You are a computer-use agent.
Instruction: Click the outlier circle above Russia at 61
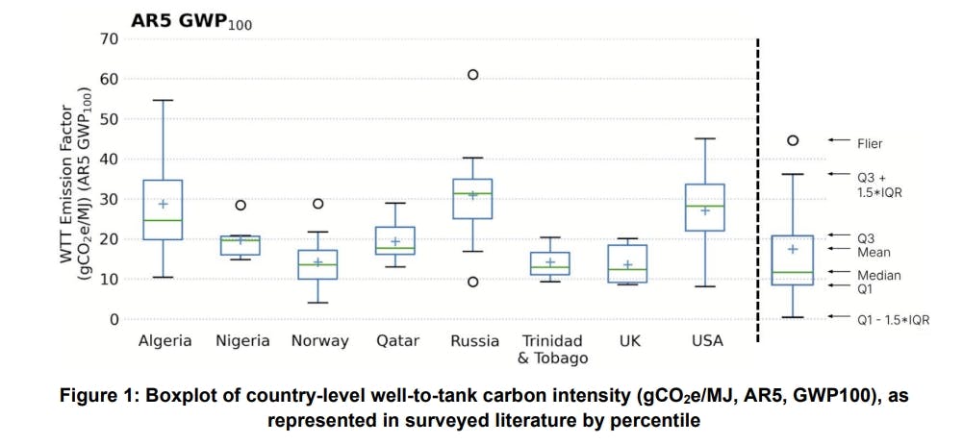(473, 74)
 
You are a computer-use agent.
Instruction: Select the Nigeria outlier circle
(241, 205)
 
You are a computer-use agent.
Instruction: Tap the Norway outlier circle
(317, 204)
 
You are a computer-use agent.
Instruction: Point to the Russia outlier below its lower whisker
(473, 282)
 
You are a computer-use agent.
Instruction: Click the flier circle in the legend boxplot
(793, 140)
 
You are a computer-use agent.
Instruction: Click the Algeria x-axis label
(165, 341)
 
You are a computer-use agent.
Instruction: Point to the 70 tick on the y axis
(106, 39)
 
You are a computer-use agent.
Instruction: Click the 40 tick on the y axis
(106, 160)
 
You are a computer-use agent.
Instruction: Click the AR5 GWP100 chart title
(191, 20)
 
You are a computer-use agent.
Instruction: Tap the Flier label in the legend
(869, 143)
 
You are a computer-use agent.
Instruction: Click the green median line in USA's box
(704, 206)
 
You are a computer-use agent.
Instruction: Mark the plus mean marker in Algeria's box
(164, 204)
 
